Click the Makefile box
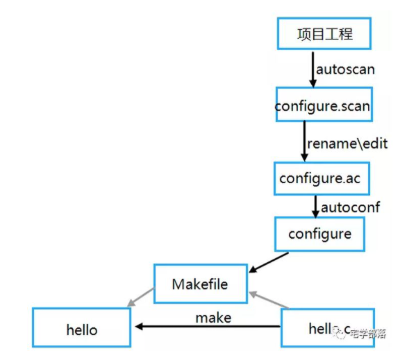pyautogui.click(x=200, y=283)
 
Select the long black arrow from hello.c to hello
pyautogui.click(x=208, y=327)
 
